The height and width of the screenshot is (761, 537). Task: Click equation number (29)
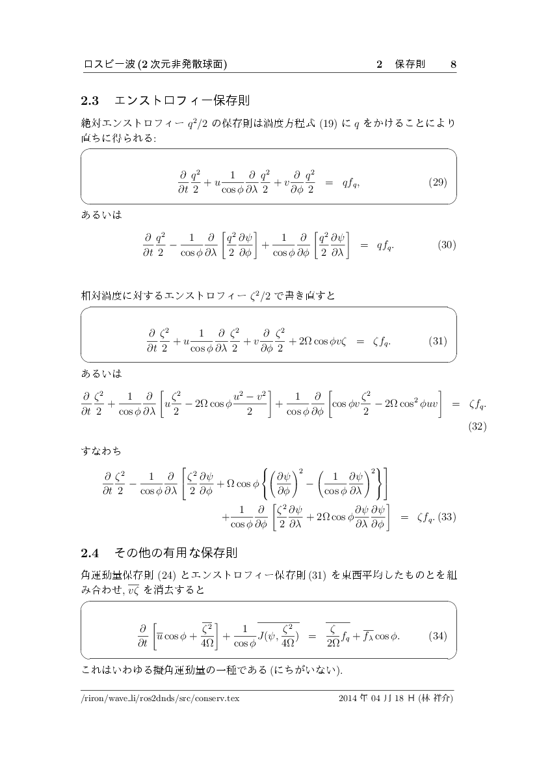tap(438, 182)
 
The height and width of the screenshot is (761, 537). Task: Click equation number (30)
tap(447, 245)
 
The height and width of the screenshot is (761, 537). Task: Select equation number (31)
tap(438, 341)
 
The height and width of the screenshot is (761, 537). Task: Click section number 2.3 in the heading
tap(89, 101)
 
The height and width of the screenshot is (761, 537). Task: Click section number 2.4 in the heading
tap(89, 553)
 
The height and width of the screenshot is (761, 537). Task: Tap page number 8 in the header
tap(453, 64)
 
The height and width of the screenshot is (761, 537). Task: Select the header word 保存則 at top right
tap(410, 64)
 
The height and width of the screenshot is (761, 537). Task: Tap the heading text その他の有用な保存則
tap(176, 553)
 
